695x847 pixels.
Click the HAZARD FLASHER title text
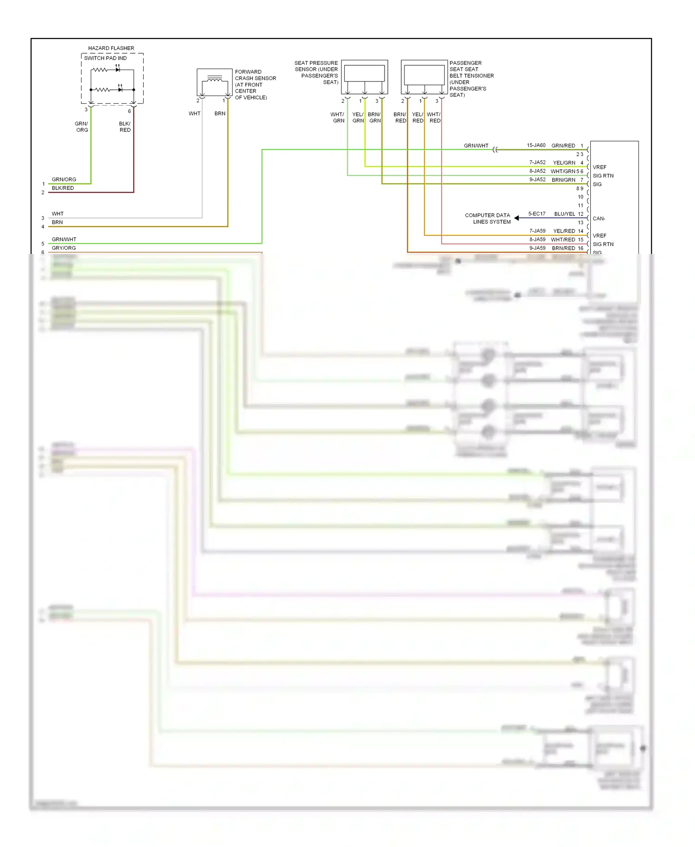(x=111, y=48)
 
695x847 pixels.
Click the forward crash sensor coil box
(x=214, y=82)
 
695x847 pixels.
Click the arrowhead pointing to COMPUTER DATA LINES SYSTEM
(x=516, y=218)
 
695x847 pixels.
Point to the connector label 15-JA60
(x=536, y=145)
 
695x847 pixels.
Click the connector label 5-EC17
(x=537, y=214)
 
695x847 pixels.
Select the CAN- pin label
(x=599, y=218)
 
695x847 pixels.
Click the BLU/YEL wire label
(x=564, y=214)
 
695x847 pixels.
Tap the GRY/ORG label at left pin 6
(x=63, y=248)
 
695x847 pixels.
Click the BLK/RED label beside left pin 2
(x=63, y=188)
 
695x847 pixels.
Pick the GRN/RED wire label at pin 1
(x=563, y=145)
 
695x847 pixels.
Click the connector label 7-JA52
(x=537, y=163)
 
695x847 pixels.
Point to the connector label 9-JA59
(x=537, y=248)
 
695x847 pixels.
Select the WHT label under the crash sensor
(x=195, y=114)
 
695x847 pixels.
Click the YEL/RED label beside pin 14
(x=564, y=231)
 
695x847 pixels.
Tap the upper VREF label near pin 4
(x=599, y=167)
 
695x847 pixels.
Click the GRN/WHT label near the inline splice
(x=476, y=145)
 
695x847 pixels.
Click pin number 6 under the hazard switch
(x=129, y=111)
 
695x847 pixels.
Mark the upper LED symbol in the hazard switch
(x=118, y=69)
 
